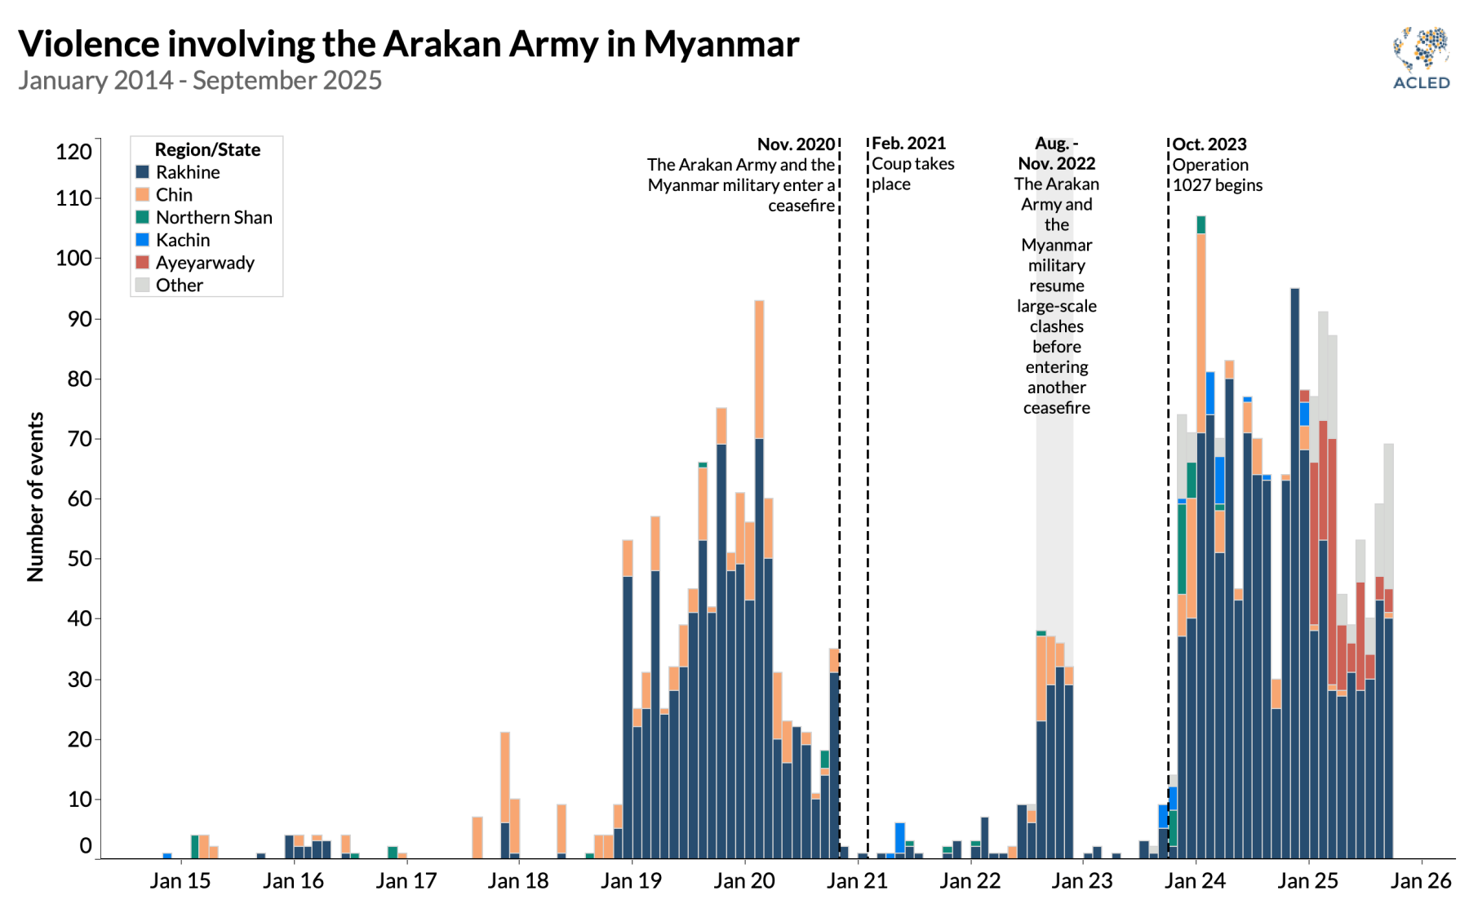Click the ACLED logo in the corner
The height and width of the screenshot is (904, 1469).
[1421, 57]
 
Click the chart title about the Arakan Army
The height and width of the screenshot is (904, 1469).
[408, 44]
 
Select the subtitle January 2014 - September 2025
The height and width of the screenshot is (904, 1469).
[200, 81]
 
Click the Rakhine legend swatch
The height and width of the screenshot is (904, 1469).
[142, 172]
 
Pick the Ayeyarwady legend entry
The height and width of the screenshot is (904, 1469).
[205, 263]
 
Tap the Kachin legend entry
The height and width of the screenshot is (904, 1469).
[183, 240]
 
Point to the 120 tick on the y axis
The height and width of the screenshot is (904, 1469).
[73, 152]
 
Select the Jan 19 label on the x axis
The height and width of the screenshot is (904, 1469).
[631, 881]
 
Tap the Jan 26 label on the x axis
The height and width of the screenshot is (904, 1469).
[1421, 881]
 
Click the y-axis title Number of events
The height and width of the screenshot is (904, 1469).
[35, 496]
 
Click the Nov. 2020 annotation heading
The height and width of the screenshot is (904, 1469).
[796, 144]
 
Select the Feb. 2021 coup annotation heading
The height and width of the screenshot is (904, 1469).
[908, 144]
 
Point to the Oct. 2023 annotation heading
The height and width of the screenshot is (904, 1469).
[1209, 144]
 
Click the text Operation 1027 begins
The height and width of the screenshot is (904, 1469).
[1217, 175]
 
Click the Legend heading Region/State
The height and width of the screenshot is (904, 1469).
[207, 150]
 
